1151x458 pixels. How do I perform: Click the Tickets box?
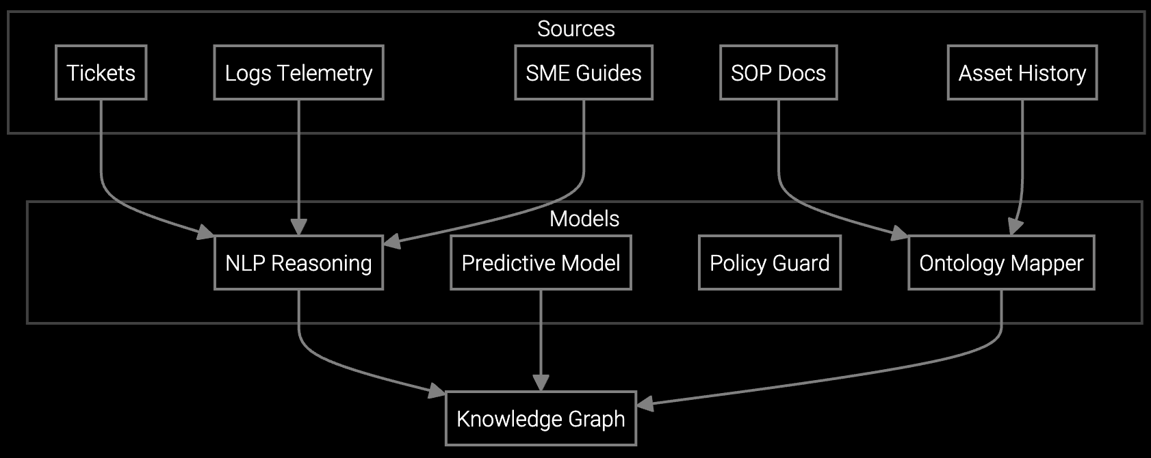(101, 72)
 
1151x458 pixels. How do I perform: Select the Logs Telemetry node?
(298, 72)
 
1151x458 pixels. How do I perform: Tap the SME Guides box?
(583, 72)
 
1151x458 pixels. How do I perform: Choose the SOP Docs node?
(778, 72)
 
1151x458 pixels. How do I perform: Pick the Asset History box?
(1022, 72)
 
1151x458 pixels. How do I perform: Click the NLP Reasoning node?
(298, 262)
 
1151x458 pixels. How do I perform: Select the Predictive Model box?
(541, 262)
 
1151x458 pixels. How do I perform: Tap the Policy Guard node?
(769, 262)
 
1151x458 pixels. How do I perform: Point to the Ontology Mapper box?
(1000, 262)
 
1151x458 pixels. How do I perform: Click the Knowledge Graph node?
(541, 418)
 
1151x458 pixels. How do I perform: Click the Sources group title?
(575, 29)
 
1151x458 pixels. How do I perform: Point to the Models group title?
(584, 219)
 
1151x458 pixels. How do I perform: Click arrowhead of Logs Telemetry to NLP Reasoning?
(298, 228)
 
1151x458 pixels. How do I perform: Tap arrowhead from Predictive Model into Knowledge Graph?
(541, 384)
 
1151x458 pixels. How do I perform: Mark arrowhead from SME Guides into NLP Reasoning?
(391, 241)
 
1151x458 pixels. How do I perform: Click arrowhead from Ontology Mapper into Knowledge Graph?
(645, 405)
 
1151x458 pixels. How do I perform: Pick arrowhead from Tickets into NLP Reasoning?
(207, 234)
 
